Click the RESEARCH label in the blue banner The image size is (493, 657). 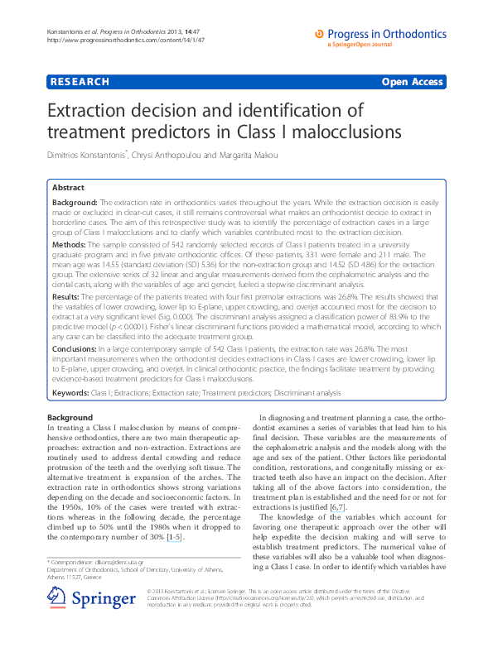[x=80, y=82]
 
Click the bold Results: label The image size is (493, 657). [x=69, y=295]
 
